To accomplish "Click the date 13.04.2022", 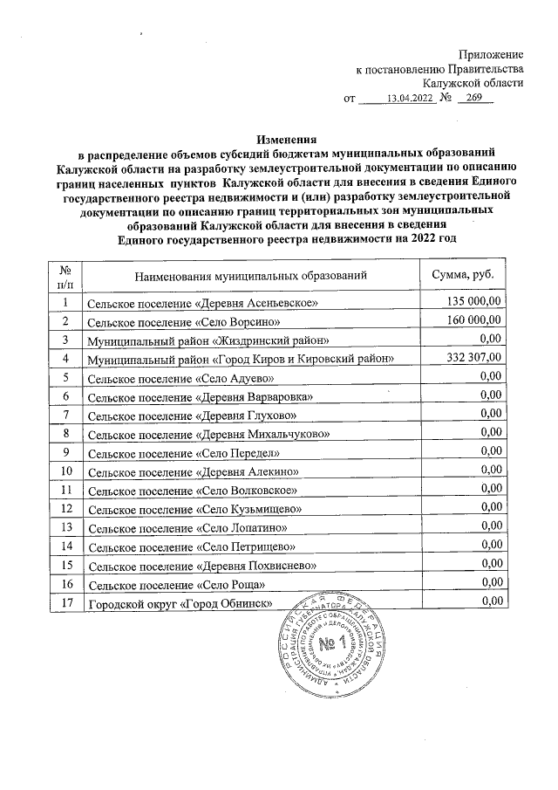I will pyautogui.click(x=410, y=99).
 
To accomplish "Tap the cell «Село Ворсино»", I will pyautogui.click(x=181, y=321).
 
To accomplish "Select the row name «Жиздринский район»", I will pyautogui.click(x=208, y=340).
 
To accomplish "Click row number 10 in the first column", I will pyautogui.click(x=64, y=471).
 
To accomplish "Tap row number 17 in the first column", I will pyautogui.click(x=64, y=601).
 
